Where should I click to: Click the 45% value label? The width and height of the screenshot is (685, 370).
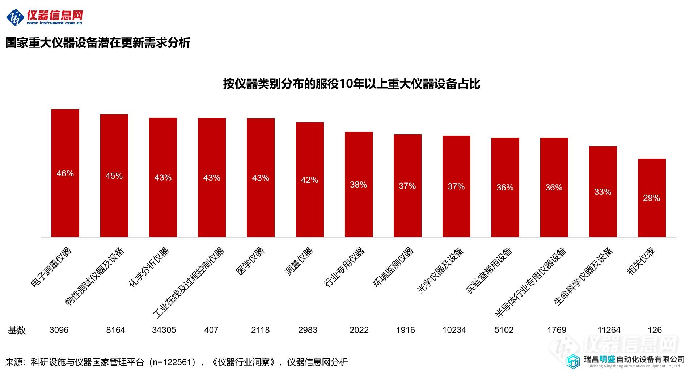click(x=114, y=176)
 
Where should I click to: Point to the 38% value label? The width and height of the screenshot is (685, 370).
click(x=358, y=185)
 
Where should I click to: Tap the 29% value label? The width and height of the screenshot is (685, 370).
click(x=651, y=198)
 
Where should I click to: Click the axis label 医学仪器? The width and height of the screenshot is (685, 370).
click(x=250, y=261)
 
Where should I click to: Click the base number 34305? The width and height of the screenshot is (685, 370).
click(x=164, y=330)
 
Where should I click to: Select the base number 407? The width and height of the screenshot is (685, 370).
click(x=211, y=330)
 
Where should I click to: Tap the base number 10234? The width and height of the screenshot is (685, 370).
click(x=454, y=330)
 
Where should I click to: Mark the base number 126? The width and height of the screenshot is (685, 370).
click(x=655, y=330)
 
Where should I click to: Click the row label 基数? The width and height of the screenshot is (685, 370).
click(x=17, y=330)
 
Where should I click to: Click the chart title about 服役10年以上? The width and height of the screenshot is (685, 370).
click(x=351, y=84)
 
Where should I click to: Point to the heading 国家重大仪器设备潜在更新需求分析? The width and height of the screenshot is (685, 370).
click(x=98, y=43)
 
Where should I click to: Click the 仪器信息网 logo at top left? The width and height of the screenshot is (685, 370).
click(x=45, y=17)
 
